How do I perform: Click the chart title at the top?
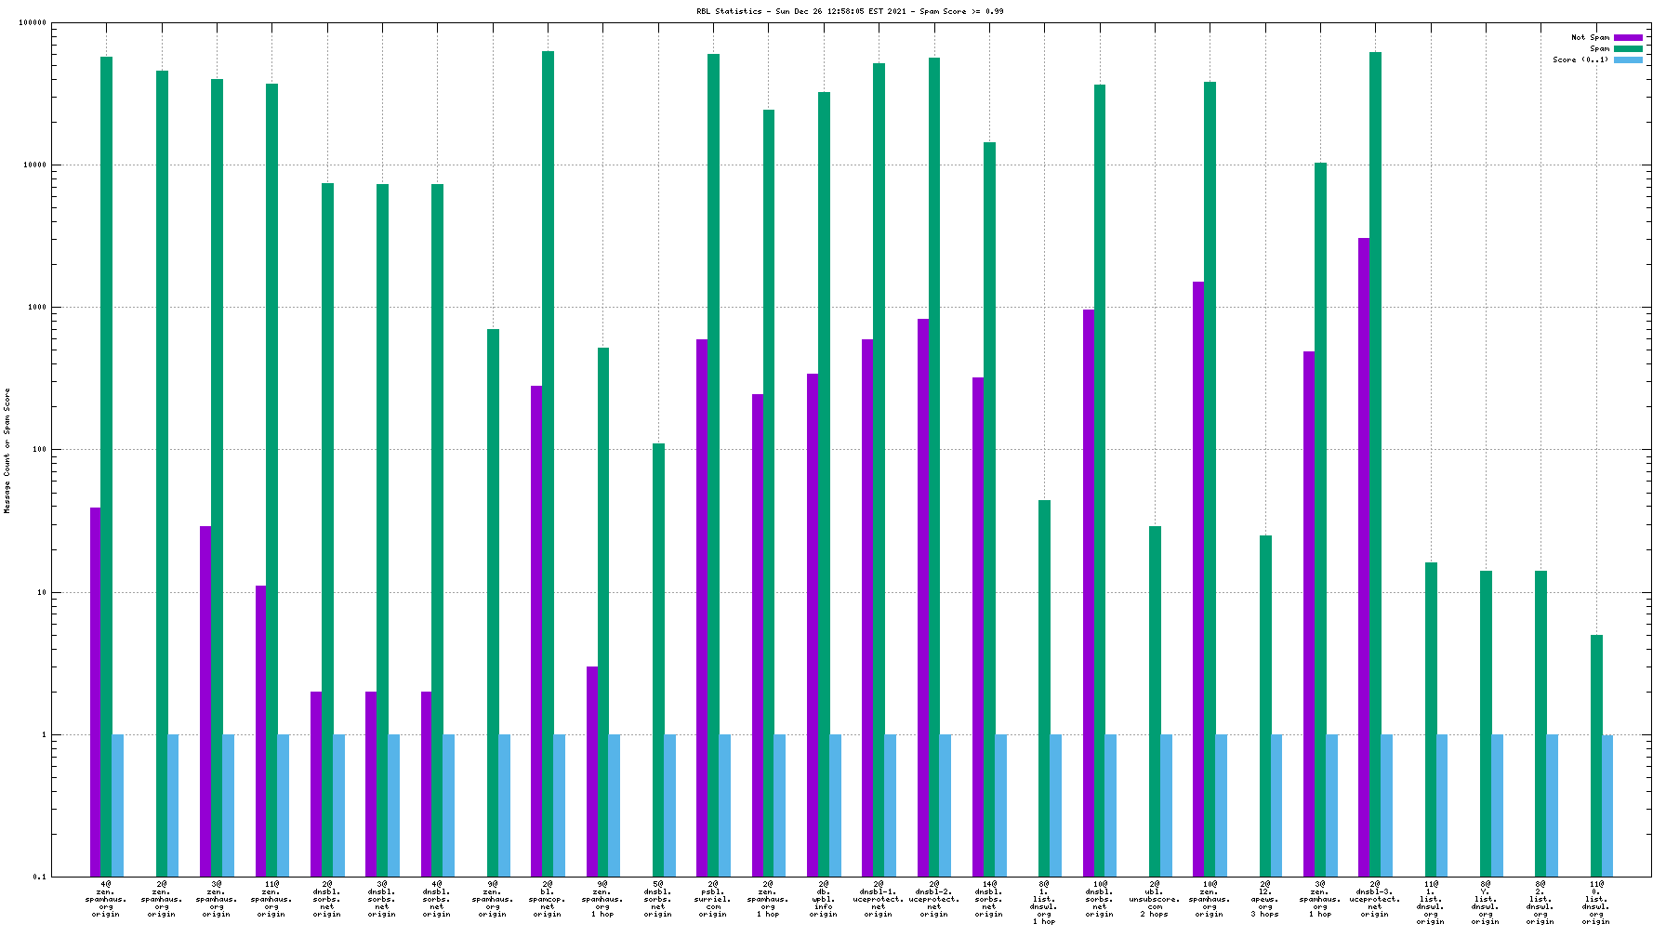pyautogui.click(x=850, y=11)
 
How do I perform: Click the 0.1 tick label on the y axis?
pyautogui.click(x=39, y=877)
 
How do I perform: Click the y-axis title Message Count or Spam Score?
pyautogui.click(x=7, y=451)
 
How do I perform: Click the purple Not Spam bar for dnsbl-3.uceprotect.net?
pyautogui.click(x=1364, y=557)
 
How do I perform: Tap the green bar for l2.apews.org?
pyautogui.click(x=1265, y=706)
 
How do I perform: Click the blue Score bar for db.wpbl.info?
pyautogui.click(x=835, y=805)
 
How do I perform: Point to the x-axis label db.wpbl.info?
pyautogui.click(x=823, y=898)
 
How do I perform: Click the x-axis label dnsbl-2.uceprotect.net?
pyautogui.click(x=933, y=898)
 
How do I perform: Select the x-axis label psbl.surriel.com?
pyautogui.click(x=713, y=898)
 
